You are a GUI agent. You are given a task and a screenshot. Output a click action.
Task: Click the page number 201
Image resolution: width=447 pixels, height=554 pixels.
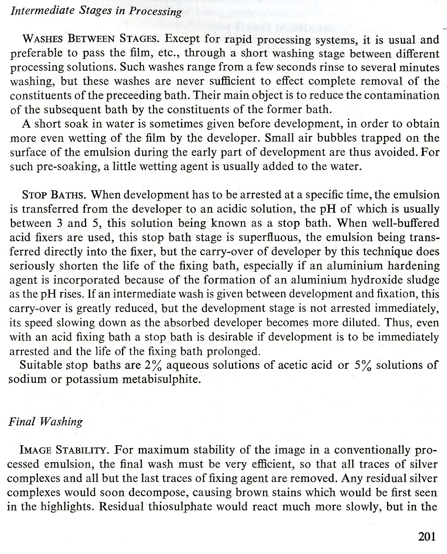click(427, 537)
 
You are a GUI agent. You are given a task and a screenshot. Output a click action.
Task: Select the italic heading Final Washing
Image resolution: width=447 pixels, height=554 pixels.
click(45, 421)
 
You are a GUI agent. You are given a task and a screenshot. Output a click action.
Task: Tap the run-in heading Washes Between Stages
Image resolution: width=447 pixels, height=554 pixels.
click(91, 40)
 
